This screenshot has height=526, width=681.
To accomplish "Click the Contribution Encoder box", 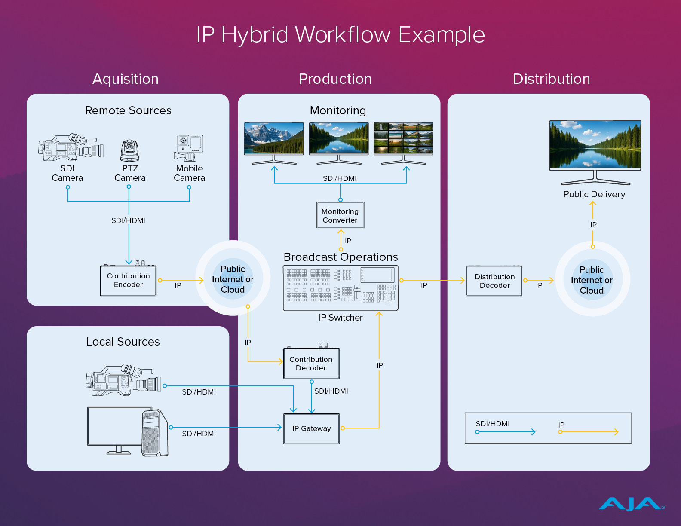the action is coord(128,280).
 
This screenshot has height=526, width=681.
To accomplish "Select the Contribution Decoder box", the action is coord(311,363).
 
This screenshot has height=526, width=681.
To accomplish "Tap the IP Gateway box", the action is coord(311,428).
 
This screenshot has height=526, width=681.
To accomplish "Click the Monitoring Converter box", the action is coord(340,215).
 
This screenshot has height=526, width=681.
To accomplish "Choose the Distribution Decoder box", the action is coord(494,281).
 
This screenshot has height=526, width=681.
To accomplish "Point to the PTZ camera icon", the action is coord(129,150).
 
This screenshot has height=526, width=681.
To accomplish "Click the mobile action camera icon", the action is coord(189,148).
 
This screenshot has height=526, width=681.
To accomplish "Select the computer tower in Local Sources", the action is coord(155,433).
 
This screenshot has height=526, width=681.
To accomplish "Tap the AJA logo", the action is coord(631,504).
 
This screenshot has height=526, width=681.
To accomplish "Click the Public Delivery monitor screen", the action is coord(595,145).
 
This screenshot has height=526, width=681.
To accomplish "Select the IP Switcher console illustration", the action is coord(340,288).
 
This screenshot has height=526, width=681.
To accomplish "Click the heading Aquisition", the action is coord(126,79).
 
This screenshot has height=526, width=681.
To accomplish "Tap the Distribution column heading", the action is coord(552,79).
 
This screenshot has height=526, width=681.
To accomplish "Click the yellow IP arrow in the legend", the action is coord(589,432).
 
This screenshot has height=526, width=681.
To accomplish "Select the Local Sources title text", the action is coord(123,342).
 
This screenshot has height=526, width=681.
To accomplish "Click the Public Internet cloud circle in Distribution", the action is coord(592,279).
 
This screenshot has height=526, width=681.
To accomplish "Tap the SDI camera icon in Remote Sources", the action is coord(71,147).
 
